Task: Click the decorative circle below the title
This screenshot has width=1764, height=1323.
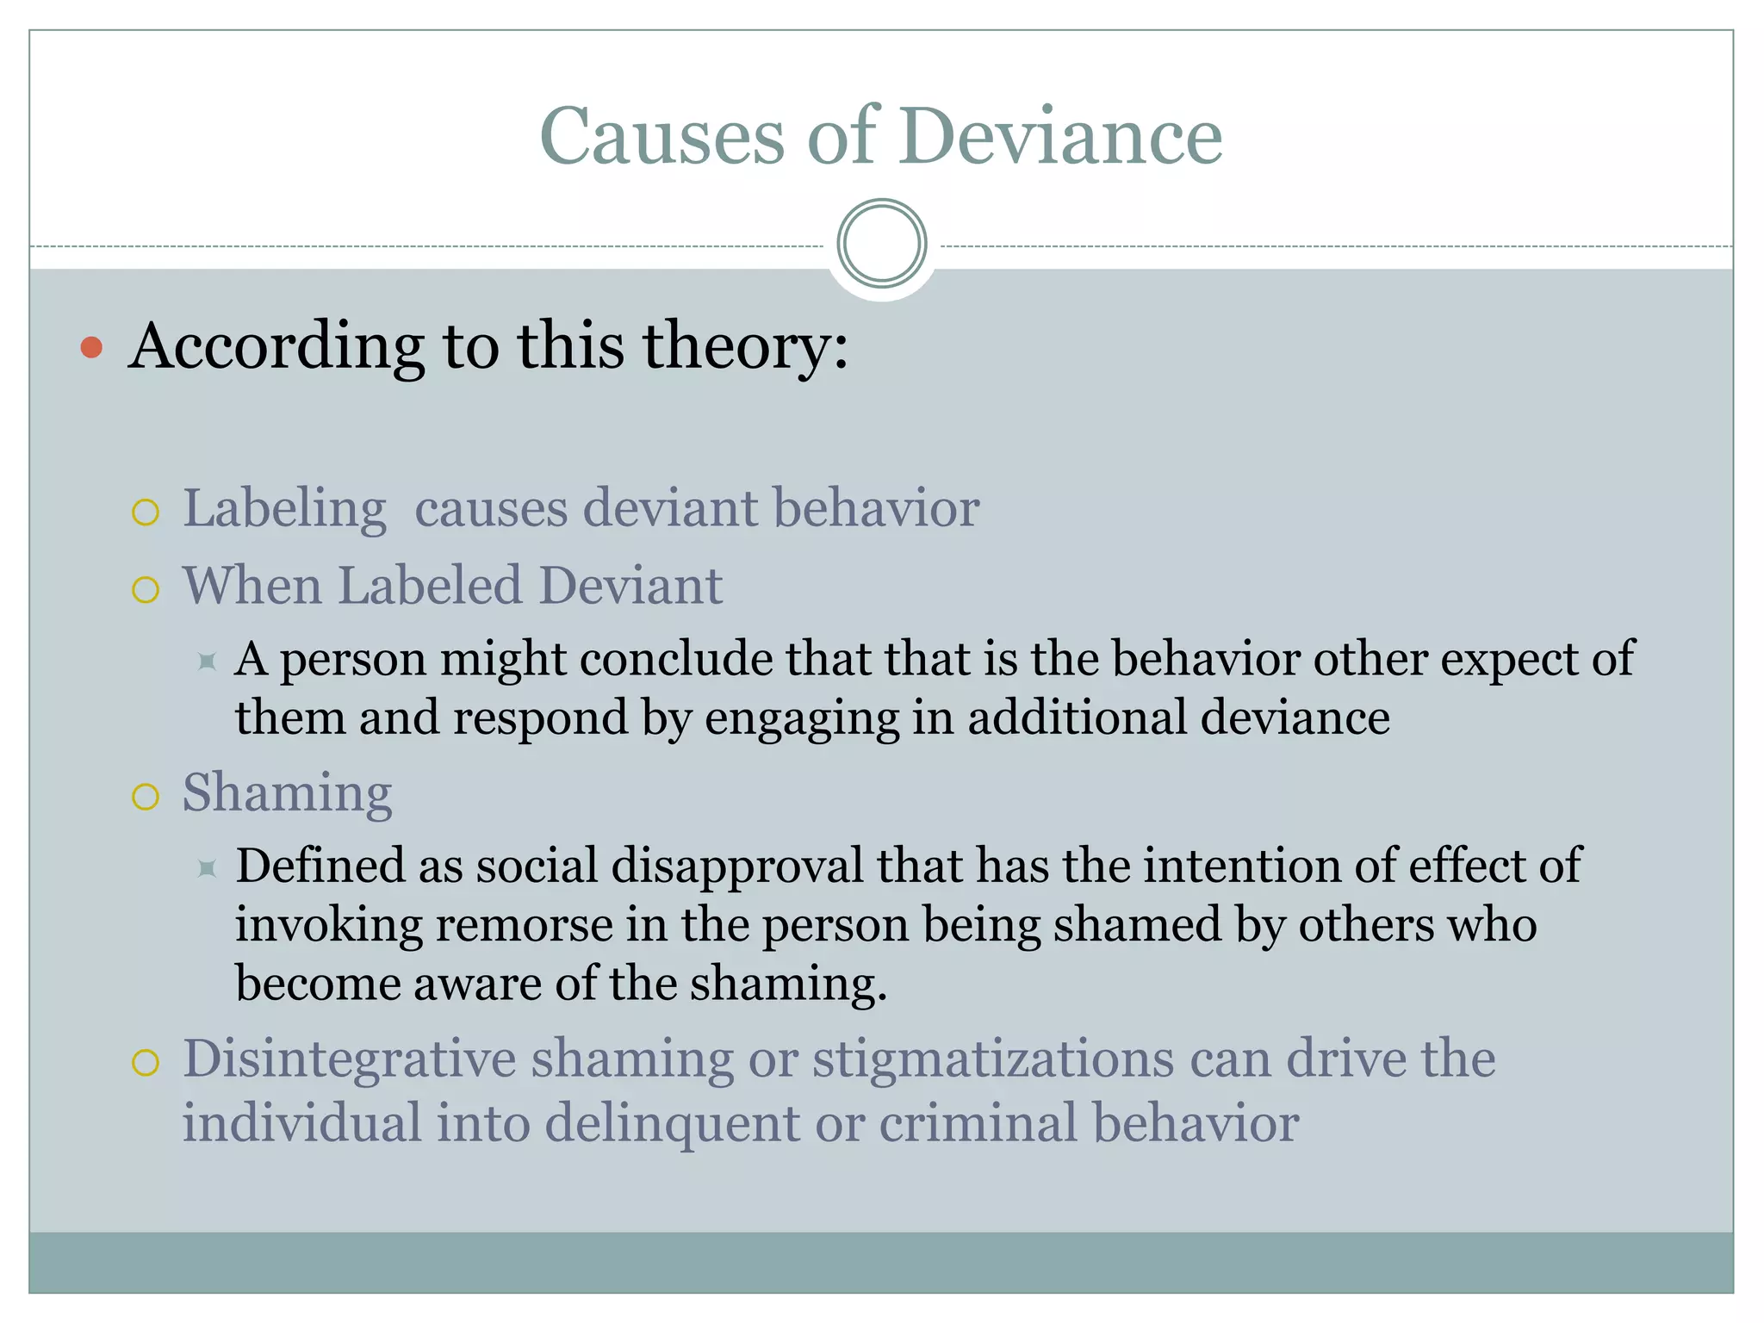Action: tap(881, 244)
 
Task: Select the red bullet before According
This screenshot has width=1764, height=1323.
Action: tap(91, 347)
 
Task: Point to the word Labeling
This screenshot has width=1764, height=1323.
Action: tap(284, 508)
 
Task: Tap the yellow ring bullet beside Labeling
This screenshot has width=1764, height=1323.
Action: tap(146, 512)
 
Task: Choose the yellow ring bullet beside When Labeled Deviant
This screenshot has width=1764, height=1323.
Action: tap(146, 590)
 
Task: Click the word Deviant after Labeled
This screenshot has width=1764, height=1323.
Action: tap(630, 586)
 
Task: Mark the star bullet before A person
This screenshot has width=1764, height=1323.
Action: tap(207, 661)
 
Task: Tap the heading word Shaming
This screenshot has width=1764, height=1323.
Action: tap(287, 792)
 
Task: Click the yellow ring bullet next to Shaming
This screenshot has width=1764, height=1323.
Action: tap(146, 797)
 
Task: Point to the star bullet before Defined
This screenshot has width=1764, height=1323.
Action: tap(207, 868)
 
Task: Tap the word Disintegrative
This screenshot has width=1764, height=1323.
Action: tap(349, 1059)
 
